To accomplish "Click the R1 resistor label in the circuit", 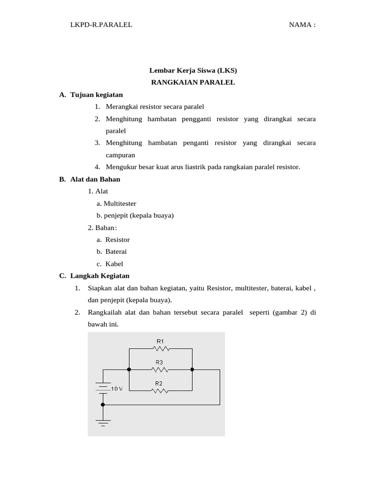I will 160,341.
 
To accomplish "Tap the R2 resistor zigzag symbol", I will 160,391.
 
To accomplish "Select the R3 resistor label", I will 159,363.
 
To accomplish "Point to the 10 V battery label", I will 117,388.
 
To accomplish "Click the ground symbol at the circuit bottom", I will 103,422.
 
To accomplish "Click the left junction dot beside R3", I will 129,369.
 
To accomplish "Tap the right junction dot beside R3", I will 192,369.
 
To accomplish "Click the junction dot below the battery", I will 103,405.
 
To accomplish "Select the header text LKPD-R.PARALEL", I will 101,25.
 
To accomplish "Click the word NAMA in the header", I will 299,25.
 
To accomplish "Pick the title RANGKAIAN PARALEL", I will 193,82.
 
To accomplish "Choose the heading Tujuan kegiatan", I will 97,95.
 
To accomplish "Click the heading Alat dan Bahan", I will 95,179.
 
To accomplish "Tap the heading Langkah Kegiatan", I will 100,276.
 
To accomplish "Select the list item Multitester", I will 120,203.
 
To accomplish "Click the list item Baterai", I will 116,251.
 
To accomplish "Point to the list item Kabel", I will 114,263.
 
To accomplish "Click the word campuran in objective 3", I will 121,155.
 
